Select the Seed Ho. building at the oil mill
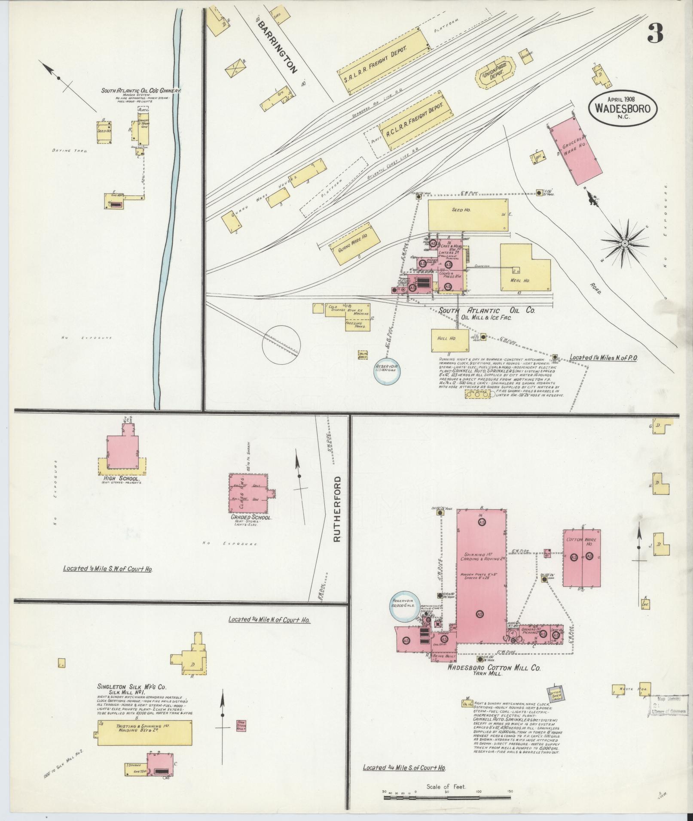pyautogui.click(x=467, y=216)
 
